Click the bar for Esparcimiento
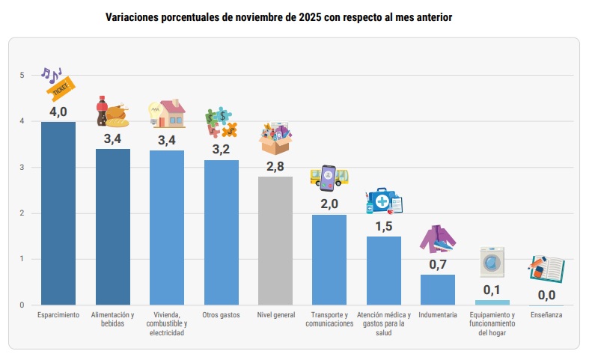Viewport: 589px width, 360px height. tap(58, 213)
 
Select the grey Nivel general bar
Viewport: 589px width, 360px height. tap(275, 240)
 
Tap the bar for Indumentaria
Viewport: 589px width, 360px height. tap(437, 290)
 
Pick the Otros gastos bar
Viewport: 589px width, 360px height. tap(221, 232)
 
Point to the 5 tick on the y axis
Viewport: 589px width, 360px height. tap(22, 75)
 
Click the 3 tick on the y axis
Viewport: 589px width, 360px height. tap(22, 167)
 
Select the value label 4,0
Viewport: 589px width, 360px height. tap(58, 112)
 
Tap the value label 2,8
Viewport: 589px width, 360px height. tap(275, 166)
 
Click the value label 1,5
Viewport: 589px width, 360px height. tap(383, 227)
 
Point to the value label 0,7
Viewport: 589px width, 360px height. tap(438, 264)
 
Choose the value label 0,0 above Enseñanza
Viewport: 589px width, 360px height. tap(546, 295)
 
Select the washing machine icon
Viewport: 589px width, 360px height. tap(492, 263)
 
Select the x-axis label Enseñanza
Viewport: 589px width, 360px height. tap(546, 315)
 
